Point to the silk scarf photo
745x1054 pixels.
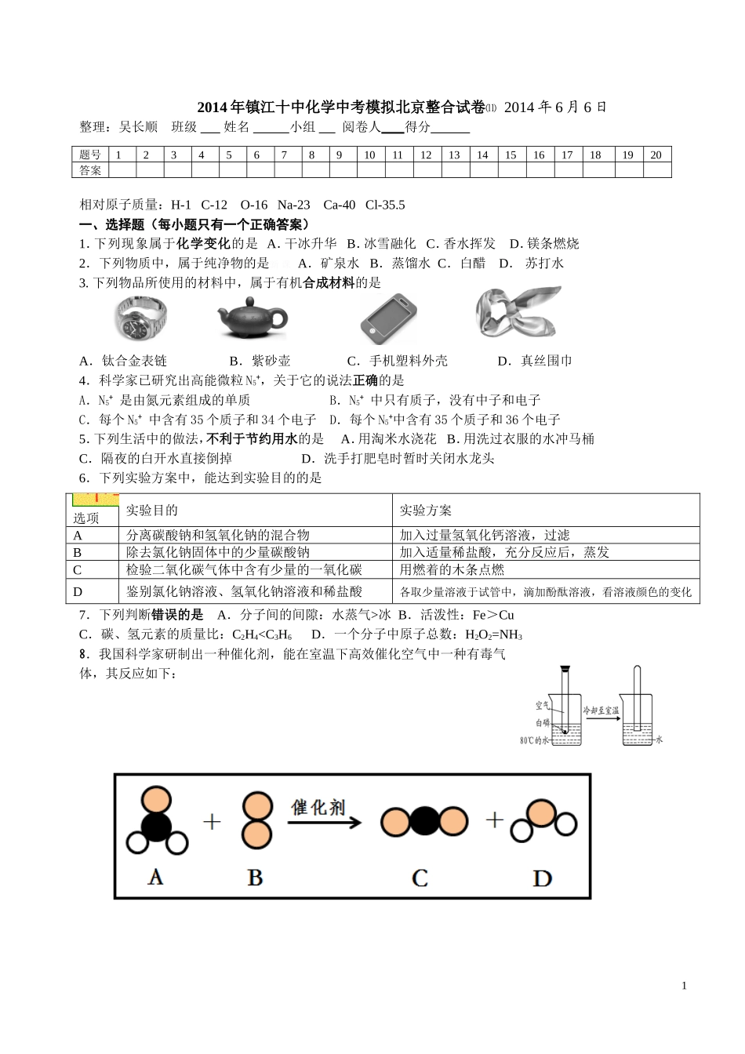[x=518, y=314]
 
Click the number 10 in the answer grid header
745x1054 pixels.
[x=369, y=154]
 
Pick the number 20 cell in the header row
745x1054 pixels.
[x=656, y=154]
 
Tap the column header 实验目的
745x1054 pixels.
[x=152, y=511]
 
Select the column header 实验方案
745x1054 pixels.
[x=426, y=511]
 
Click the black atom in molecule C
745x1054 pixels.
[x=424, y=821]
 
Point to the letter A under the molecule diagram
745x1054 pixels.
[x=155, y=876]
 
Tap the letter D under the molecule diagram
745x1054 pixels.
[x=542, y=878]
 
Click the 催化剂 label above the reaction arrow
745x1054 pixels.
[x=318, y=807]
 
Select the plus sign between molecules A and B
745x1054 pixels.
[x=213, y=821]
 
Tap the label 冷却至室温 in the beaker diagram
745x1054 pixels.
[x=601, y=710]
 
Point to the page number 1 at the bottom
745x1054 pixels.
[x=684, y=986]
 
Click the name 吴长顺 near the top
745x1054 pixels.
[x=138, y=127]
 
